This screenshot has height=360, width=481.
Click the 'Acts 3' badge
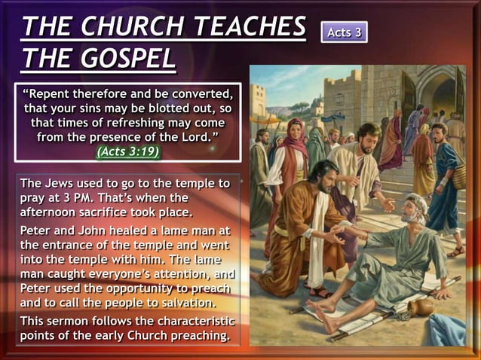click(344, 32)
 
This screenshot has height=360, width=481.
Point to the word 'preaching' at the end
click(195, 334)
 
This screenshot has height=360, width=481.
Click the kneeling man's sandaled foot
click(321, 291)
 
